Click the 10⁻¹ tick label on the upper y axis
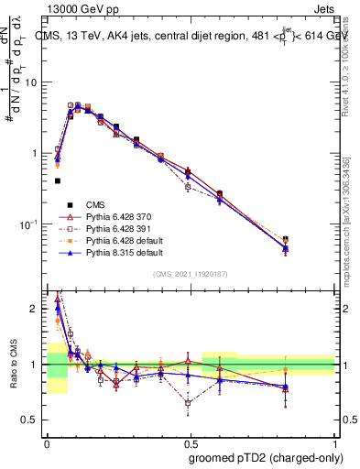27,224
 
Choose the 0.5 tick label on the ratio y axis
30,420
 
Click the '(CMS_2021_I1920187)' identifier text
190,275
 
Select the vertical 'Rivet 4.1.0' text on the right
352,64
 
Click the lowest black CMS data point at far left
58,181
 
